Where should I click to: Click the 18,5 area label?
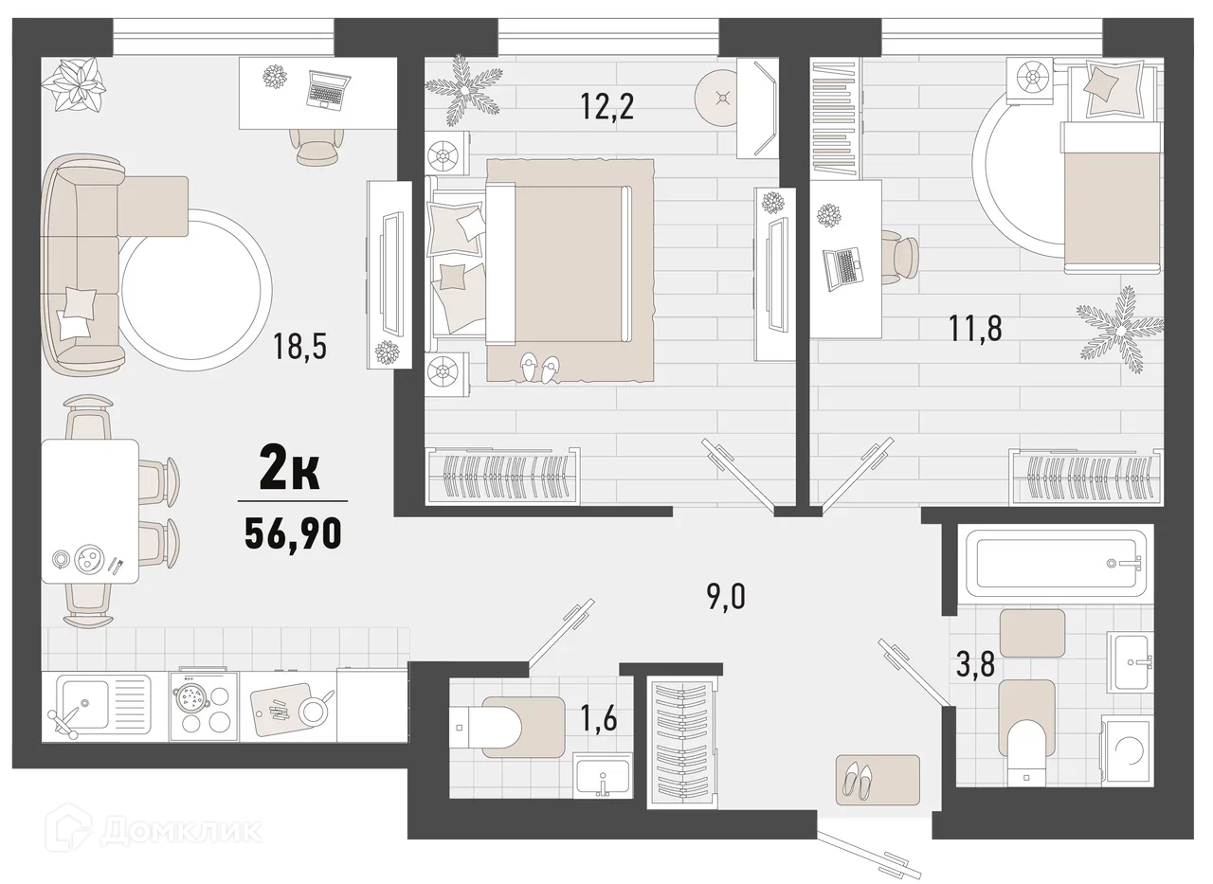click(x=299, y=347)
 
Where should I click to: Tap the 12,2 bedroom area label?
click(x=606, y=106)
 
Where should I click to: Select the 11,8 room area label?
click(x=975, y=328)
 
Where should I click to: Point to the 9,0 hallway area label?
click(x=726, y=597)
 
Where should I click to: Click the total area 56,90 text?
click(x=293, y=532)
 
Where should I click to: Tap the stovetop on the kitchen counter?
click(x=204, y=706)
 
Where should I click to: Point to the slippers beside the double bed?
click(x=540, y=369)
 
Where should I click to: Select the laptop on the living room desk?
click(x=327, y=91)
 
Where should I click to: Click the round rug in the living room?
click(x=196, y=290)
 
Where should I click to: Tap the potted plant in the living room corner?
click(x=73, y=84)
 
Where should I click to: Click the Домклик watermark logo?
click(x=154, y=831)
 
